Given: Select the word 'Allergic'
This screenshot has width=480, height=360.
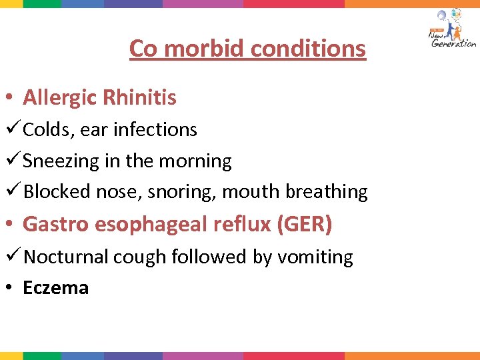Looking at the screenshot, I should [59, 98].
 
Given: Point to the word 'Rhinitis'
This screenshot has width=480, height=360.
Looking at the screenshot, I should [139, 98].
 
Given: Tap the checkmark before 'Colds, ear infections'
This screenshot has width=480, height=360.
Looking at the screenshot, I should [11, 129].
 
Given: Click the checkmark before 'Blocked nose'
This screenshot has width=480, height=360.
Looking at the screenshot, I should [11, 191].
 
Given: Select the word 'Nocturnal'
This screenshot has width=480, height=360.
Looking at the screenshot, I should [65, 257].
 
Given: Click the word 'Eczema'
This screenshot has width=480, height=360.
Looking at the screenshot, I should [55, 288].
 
